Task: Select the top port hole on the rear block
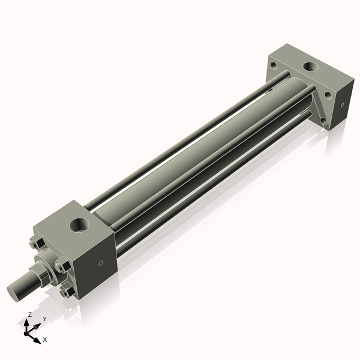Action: coord(312,66)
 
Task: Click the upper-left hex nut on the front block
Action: coord(35,244)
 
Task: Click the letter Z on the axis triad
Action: coord(29,314)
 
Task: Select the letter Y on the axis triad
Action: coord(44,319)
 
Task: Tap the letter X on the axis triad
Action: coord(44,340)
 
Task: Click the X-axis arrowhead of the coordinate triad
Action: coord(38,339)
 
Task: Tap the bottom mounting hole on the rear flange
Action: coord(323,121)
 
